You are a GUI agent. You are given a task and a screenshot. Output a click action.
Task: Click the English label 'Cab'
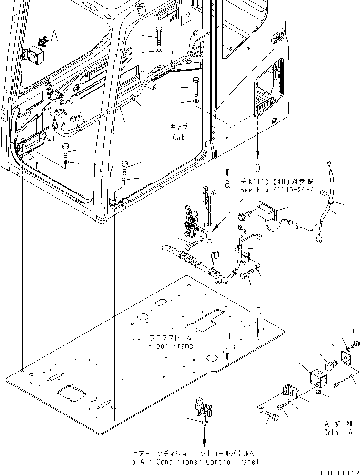179,137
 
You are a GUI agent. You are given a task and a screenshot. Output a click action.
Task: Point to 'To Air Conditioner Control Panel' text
194,462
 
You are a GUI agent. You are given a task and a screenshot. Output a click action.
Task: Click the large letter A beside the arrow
55,39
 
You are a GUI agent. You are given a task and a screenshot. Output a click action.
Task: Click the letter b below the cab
257,167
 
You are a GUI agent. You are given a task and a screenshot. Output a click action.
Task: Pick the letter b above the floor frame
258,311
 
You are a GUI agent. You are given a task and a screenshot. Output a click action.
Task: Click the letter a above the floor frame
228,335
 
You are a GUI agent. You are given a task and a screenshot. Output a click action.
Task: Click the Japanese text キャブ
179,127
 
